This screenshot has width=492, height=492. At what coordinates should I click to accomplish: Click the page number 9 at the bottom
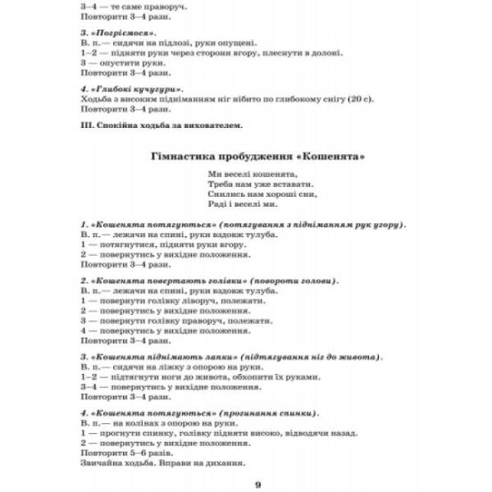257,484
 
